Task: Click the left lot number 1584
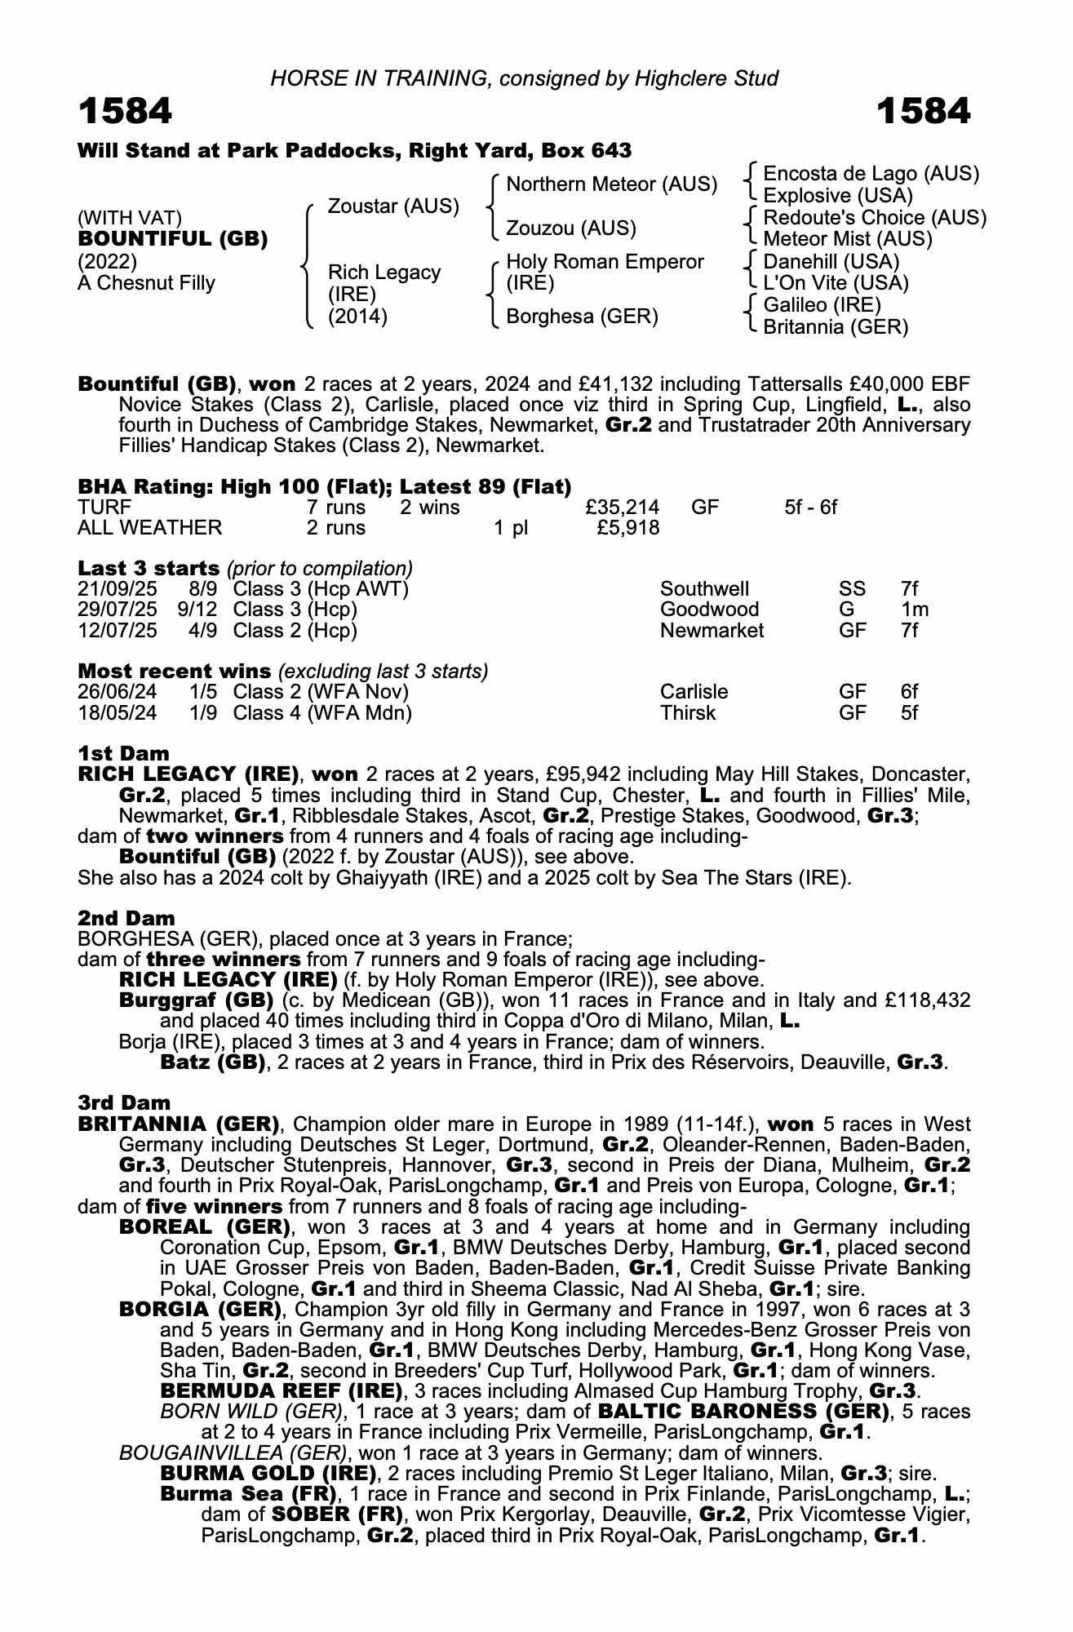pyautogui.click(x=125, y=111)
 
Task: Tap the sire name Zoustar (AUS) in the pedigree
pyautogui.click(x=393, y=206)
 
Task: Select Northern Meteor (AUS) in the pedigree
pyautogui.click(x=611, y=184)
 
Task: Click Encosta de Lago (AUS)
pyautogui.click(x=871, y=173)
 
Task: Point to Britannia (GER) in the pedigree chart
pyautogui.click(x=835, y=327)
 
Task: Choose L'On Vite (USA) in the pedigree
pyautogui.click(x=836, y=283)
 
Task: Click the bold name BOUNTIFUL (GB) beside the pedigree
pyautogui.click(x=172, y=239)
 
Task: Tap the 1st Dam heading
pyautogui.click(x=123, y=753)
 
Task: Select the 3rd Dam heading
pyautogui.click(x=124, y=1103)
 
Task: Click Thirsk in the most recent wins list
pyautogui.click(x=687, y=713)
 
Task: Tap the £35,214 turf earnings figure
pyautogui.click(x=623, y=508)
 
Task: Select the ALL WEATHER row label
pyautogui.click(x=149, y=528)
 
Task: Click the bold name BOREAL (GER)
pyautogui.click(x=205, y=1227)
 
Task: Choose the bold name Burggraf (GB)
pyautogui.click(x=196, y=1000)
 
